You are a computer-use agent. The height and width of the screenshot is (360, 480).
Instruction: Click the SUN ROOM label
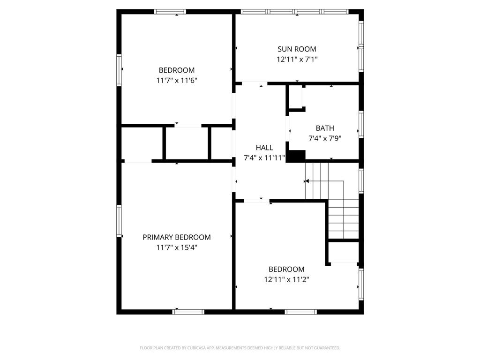[x=297, y=49]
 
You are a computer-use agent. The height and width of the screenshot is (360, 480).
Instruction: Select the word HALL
[x=264, y=148]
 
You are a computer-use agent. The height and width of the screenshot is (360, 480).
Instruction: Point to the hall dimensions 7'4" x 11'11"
[x=264, y=158]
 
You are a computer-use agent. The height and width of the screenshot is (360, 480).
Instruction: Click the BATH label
[x=325, y=128]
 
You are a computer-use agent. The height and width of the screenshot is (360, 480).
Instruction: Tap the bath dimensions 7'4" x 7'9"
[x=325, y=138]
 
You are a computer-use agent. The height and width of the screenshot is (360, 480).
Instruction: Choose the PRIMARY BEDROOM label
[x=177, y=237]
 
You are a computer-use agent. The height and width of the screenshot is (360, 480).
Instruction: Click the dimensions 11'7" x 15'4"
[x=177, y=247]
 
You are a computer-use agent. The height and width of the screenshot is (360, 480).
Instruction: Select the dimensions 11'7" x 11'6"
[x=177, y=80]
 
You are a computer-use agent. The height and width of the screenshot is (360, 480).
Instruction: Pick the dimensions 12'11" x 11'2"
[x=286, y=279]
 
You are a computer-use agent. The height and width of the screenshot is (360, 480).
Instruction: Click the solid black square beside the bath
[x=295, y=156]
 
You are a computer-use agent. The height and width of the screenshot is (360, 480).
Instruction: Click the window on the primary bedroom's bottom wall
[x=189, y=311]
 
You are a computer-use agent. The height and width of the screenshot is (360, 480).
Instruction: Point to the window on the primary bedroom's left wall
[x=119, y=221]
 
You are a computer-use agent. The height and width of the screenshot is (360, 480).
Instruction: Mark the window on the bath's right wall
[x=361, y=124]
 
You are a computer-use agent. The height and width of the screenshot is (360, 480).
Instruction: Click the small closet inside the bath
[x=295, y=97]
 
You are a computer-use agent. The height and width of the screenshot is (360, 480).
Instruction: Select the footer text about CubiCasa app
[x=240, y=348]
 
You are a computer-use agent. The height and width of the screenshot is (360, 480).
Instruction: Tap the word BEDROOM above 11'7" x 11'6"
[x=177, y=70]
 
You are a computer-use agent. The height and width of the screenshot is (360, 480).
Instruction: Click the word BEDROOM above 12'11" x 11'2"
[x=286, y=269]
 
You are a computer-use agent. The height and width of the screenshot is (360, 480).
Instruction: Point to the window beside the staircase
[x=361, y=180]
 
